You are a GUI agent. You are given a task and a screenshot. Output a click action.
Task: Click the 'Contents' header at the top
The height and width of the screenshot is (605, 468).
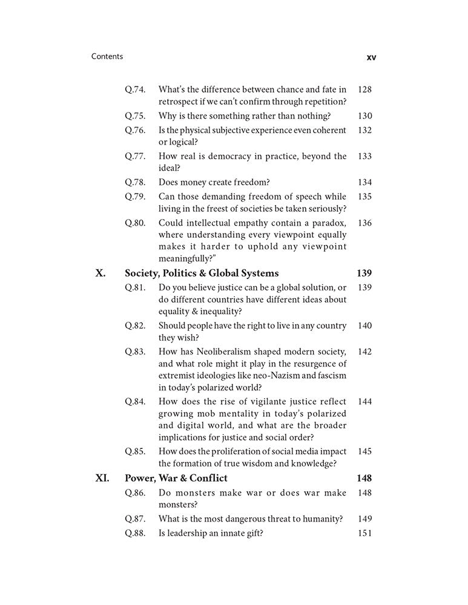107,56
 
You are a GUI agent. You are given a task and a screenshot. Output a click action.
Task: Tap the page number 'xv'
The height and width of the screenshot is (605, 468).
372,57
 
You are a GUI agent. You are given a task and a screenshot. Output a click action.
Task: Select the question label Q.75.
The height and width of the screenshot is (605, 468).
135,116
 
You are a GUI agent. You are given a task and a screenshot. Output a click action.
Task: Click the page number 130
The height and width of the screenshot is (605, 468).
364,116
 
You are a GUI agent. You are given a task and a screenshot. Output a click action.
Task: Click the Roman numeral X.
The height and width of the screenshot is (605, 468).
101,273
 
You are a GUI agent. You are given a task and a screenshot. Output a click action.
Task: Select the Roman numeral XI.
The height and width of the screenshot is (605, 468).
102,479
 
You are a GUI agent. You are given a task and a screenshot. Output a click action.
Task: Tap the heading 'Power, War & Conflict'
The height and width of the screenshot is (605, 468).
176,479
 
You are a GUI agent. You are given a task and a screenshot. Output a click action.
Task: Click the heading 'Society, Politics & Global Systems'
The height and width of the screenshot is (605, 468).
202,273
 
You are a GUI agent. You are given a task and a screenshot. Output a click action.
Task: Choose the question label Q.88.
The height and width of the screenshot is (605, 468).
135,533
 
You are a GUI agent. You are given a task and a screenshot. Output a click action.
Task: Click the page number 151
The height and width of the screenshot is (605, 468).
364,533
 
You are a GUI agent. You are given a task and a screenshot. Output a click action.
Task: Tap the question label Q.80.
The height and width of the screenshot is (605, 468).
135,223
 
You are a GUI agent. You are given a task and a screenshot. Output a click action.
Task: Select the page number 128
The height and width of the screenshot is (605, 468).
364,90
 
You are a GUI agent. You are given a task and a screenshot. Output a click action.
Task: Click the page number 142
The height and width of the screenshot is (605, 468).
364,352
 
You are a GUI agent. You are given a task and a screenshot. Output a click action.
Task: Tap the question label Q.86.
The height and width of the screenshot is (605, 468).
135,493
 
